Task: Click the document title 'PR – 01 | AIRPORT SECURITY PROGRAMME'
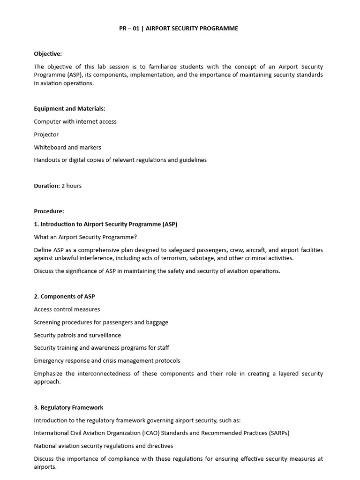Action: [179, 29]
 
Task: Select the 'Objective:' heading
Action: [48, 54]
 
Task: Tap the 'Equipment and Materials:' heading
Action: [69, 108]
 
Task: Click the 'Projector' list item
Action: [46, 135]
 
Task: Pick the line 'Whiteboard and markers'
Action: [67, 147]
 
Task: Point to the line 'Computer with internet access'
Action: [75, 121]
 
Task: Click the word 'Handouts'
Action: [46, 160]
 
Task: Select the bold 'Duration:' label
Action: [47, 186]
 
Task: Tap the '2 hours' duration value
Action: [72, 186]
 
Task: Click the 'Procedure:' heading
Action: [49, 211]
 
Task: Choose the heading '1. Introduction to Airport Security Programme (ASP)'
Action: [105, 224]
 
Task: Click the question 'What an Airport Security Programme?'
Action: [85, 237]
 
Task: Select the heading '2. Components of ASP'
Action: [64, 296]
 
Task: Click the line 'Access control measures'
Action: [67, 309]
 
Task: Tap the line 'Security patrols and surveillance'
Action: [77, 335]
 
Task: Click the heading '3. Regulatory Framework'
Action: [68, 407]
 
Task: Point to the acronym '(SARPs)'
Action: [277, 433]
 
